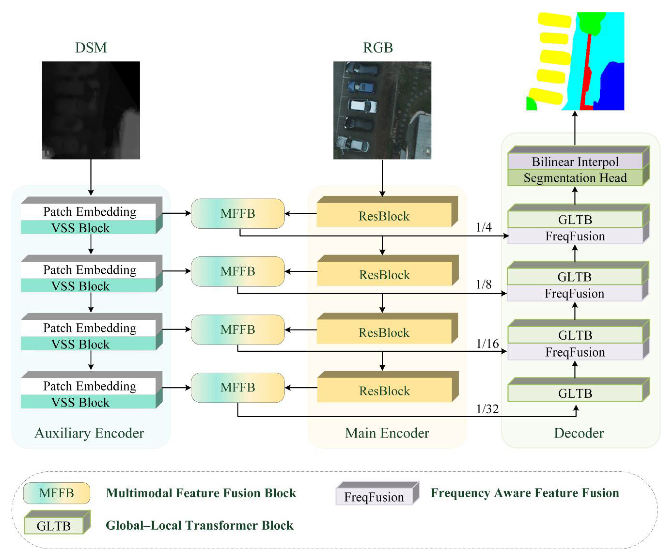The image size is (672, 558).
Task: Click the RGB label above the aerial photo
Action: click(378, 48)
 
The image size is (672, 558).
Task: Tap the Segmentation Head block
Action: click(575, 178)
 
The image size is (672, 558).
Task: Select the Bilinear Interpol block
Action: click(575, 162)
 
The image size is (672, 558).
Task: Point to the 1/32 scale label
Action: click(487, 409)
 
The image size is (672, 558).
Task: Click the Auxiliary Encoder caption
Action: click(89, 433)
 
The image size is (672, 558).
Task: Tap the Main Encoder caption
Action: click(387, 433)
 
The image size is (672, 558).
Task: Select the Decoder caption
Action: click(579, 433)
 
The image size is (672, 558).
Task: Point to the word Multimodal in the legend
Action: click(140, 493)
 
